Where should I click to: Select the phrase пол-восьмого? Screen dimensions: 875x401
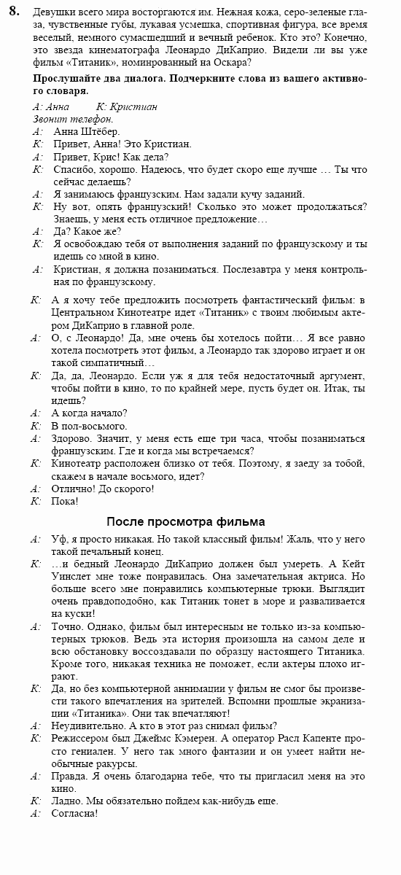[90, 426]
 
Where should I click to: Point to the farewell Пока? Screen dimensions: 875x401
[64, 501]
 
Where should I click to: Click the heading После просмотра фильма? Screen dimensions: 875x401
[185, 521]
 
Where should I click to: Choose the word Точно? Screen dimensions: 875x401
[67, 626]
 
